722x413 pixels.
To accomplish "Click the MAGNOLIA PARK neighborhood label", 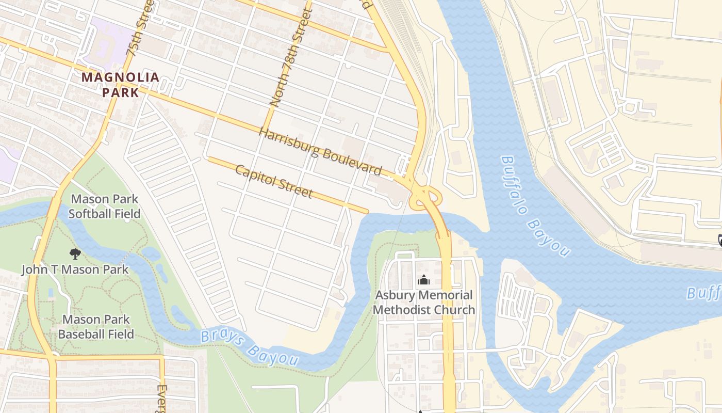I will point(120,85).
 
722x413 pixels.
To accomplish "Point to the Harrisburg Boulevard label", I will point(320,152).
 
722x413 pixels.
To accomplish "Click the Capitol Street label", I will point(274,181).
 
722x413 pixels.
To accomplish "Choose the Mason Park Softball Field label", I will point(104,206).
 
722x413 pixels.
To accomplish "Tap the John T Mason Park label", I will point(75,269).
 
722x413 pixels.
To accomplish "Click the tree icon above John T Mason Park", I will point(75,253).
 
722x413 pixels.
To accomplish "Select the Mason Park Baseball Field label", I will point(96,327).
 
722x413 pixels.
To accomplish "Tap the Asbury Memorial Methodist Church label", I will point(424,303).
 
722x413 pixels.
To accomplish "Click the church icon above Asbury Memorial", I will point(424,280).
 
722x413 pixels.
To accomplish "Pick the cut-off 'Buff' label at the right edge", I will point(703,293).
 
